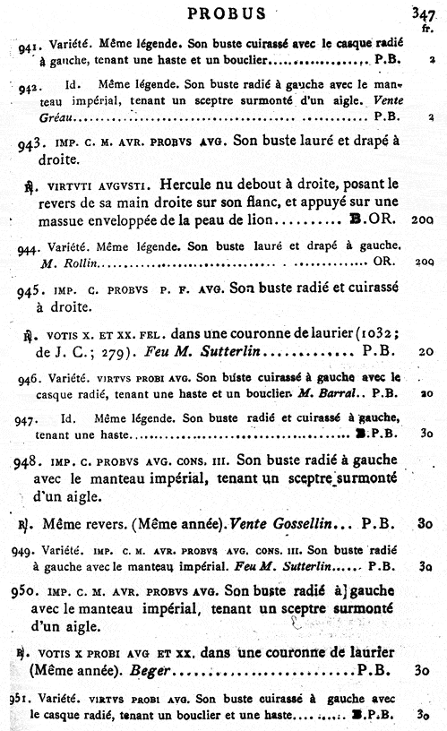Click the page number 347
424,13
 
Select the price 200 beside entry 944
426,262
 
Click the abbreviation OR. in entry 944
383,262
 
